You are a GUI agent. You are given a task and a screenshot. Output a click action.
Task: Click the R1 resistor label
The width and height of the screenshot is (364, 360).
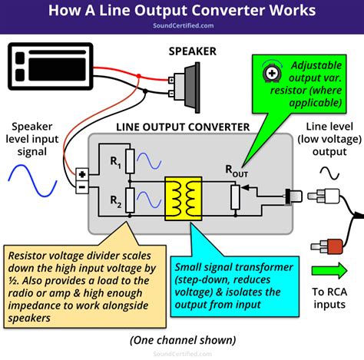tap(116, 162)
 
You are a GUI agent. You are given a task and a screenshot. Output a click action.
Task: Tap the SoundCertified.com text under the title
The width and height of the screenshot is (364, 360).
tap(181, 25)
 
